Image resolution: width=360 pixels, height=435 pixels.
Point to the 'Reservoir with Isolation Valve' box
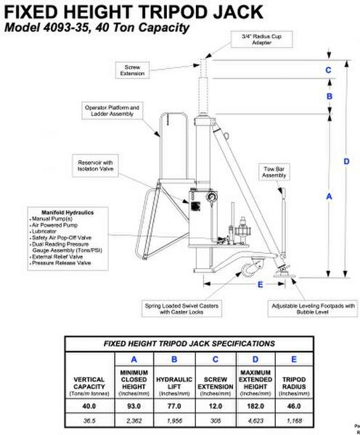coord(97,166)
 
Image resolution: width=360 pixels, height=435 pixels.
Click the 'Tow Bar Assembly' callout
coord(274,173)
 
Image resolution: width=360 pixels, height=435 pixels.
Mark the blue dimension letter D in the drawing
coord(346,161)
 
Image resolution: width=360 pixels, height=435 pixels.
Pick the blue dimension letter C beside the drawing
coord(328,70)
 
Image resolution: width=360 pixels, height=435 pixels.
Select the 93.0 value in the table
coord(134,407)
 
